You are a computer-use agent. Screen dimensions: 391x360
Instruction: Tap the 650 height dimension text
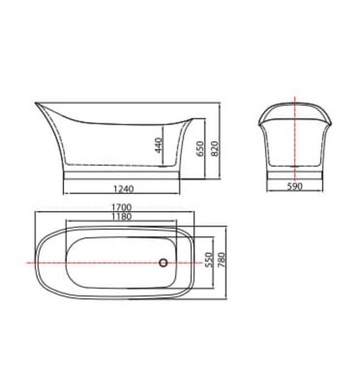coord(200,149)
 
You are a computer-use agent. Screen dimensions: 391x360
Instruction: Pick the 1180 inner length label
coord(121,217)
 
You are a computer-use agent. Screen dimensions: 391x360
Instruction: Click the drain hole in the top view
coord(164,262)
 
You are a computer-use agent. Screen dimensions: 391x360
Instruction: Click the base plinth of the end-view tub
coord(295,173)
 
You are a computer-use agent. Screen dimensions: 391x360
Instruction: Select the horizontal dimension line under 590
coord(295,192)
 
